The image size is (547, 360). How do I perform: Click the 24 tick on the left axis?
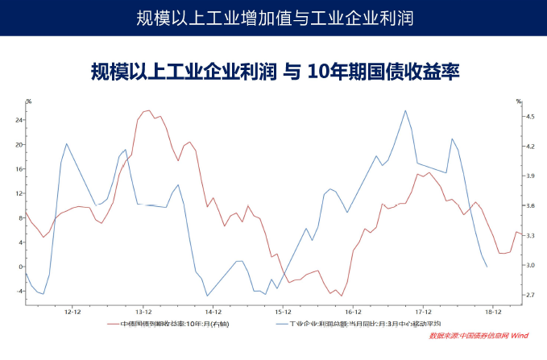click(x=19, y=120)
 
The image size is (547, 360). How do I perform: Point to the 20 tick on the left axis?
click(x=19, y=145)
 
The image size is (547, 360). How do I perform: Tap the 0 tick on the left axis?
click(x=20, y=267)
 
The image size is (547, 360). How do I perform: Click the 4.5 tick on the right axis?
click(x=530, y=117)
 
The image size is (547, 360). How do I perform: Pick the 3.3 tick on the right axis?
click(x=530, y=235)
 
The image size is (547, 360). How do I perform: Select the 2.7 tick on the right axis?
click(x=530, y=295)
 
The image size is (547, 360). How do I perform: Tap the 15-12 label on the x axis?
click(x=283, y=310)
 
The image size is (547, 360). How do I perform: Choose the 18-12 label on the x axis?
click(x=492, y=310)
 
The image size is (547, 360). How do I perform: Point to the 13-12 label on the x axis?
click(x=143, y=310)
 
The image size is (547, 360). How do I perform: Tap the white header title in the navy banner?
click(x=273, y=17)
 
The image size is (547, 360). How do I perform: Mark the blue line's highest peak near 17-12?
click(x=405, y=110)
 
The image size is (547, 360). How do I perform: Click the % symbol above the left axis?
click(x=27, y=101)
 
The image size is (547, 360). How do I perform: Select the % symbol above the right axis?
click(x=520, y=101)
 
